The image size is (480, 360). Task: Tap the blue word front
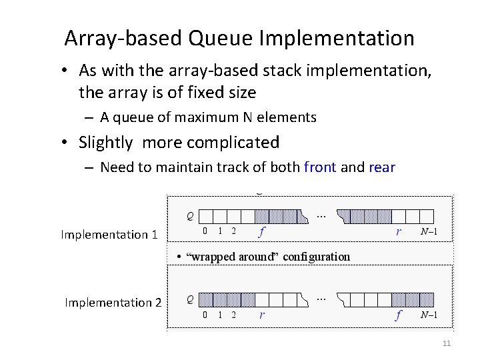pyautogui.click(x=320, y=167)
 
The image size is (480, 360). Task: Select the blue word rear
pyautogui.click(x=381, y=167)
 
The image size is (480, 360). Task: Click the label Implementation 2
pyautogui.click(x=113, y=303)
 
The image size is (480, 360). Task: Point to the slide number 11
pyautogui.click(x=447, y=343)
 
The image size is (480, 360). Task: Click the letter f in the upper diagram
pyautogui.click(x=263, y=231)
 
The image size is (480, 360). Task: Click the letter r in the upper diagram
pyautogui.click(x=398, y=231)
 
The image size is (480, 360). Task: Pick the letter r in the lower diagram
pyautogui.click(x=262, y=315)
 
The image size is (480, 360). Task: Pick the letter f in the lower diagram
pyautogui.click(x=398, y=315)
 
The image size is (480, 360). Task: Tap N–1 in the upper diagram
pyautogui.click(x=429, y=231)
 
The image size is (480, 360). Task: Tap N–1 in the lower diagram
pyautogui.click(x=429, y=315)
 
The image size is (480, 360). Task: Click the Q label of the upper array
pyautogui.click(x=191, y=215)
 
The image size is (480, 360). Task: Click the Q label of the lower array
pyautogui.click(x=191, y=299)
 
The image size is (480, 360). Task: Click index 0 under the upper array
pyautogui.click(x=205, y=231)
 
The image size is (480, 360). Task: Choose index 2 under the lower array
pyautogui.click(x=233, y=315)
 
